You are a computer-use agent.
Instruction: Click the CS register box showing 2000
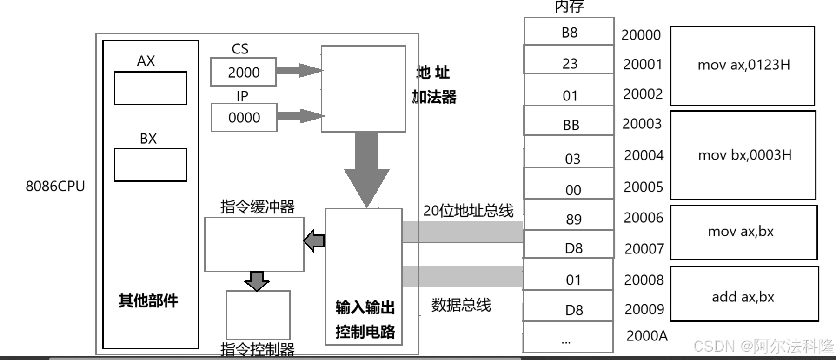tap(243, 72)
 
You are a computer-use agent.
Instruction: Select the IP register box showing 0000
tap(244, 117)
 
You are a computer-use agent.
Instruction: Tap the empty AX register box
tap(150, 88)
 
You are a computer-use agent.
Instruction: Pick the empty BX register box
tap(150, 165)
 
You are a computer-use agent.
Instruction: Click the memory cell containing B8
tap(569, 32)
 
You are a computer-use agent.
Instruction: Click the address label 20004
tap(644, 155)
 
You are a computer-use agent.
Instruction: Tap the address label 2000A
tap(647, 335)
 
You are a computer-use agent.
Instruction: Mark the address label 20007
tap(644, 249)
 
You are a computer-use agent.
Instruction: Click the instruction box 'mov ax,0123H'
tap(743, 66)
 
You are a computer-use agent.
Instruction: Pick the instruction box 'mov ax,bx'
tap(743, 232)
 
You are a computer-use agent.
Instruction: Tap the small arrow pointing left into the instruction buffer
tap(315, 240)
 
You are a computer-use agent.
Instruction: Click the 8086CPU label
tap(55, 186)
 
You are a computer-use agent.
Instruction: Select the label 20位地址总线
tap(468, 211)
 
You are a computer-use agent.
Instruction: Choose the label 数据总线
tap(461, 305)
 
